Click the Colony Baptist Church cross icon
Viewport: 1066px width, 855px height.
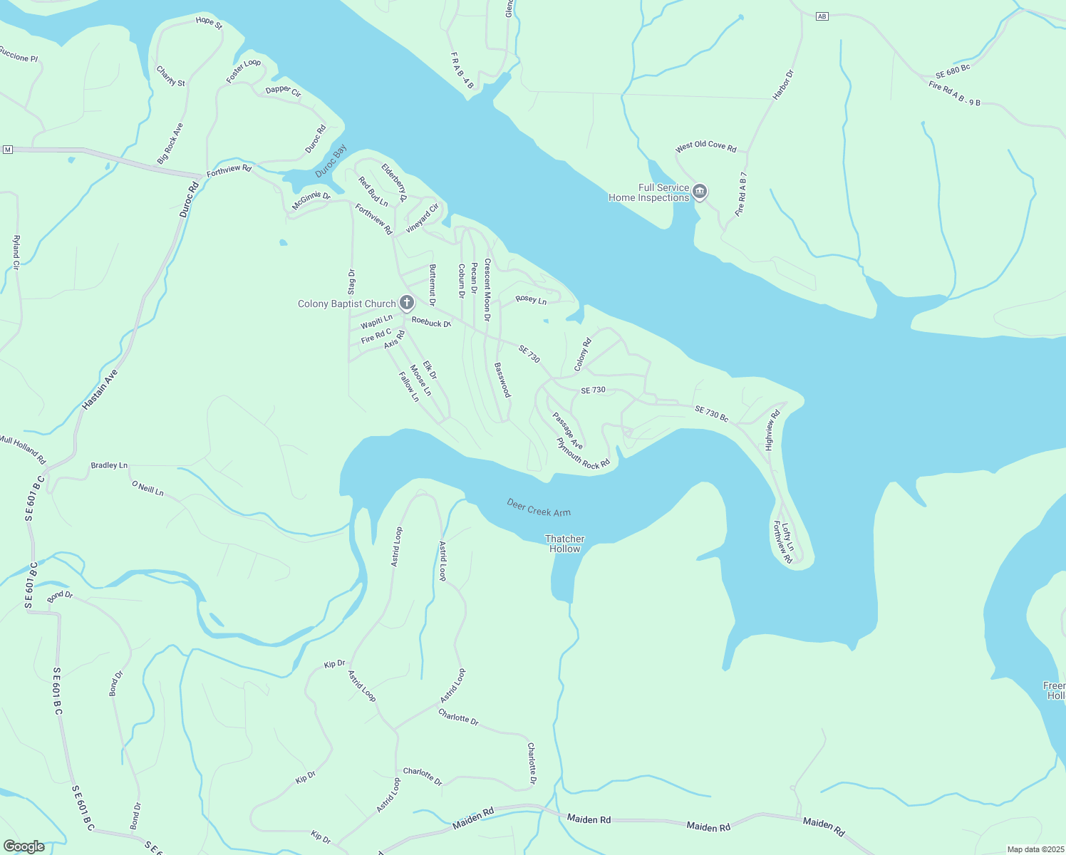click(407, 304)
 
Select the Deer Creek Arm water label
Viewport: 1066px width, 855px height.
click(539, 507)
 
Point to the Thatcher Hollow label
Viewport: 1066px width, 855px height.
click(564, 544)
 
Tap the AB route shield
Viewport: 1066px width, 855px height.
click(822, 16)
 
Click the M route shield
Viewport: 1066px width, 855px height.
click(8, 150)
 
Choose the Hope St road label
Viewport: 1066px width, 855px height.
click(209, 22)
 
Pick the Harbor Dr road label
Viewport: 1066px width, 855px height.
click(783, 85)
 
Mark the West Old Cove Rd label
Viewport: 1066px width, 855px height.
click(705, 146)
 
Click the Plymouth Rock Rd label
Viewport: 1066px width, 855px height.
click(584, 454)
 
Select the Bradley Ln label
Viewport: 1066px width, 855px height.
click(109, 465)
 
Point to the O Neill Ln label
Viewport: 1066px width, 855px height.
click(148, 488)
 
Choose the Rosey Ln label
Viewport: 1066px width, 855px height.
click(531, 300)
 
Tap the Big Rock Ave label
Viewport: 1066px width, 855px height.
click(170, 143)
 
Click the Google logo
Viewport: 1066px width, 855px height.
click(24, 846)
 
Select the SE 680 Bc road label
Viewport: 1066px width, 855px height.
click(953, 71)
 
